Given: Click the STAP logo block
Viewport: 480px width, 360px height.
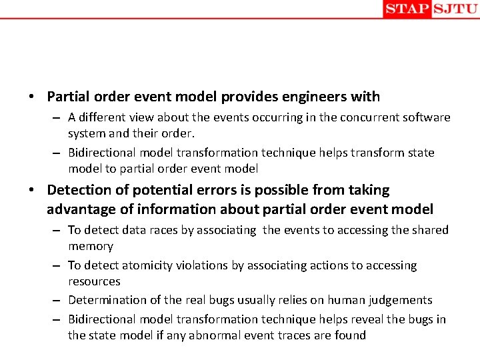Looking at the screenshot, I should coord(407,9).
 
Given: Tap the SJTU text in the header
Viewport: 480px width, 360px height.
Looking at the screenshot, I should coord(455,9).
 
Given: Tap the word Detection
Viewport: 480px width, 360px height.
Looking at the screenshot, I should coord(80,190).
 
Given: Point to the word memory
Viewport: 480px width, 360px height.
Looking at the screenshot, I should coord(91,246).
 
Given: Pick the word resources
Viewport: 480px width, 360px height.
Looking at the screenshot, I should coord(94,281).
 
